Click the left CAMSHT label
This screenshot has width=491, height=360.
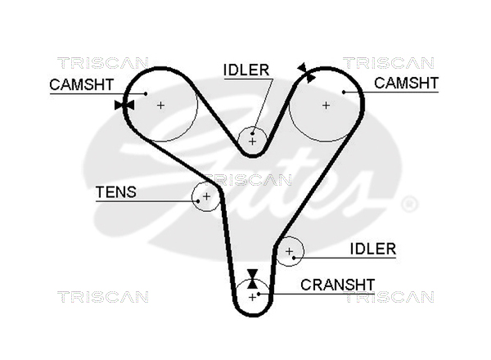point(81,83)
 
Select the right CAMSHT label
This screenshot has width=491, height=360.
point(407,83)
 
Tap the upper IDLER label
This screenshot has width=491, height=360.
point(246,70)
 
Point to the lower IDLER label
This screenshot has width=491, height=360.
point(372,249)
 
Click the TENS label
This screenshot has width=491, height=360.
point(116,193)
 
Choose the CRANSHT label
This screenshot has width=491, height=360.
point(338,285)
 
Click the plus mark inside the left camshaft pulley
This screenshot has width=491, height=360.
point(161,105)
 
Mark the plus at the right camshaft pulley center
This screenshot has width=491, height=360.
point(326,105)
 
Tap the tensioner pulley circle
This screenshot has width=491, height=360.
point(206,196)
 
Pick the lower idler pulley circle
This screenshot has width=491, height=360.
point(290,254)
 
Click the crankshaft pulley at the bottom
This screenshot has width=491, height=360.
point(253,296)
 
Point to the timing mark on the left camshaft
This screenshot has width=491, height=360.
point(124,105)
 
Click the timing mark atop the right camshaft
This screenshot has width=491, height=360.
point(307,73)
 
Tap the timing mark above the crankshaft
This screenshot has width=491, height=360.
point(253,276)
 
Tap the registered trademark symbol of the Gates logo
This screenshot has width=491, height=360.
point(410,204)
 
